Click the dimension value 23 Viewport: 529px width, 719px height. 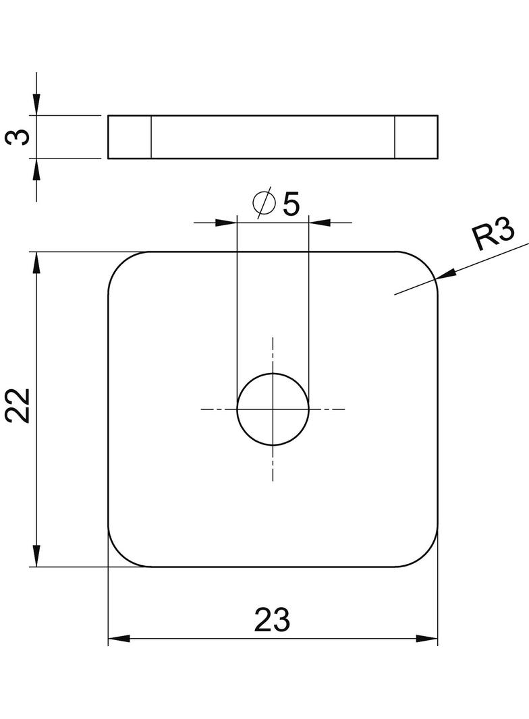272,619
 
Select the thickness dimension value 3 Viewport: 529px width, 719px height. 19,137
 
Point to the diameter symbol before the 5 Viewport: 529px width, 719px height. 263,203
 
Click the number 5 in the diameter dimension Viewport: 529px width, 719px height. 291,204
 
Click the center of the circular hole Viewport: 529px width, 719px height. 273,409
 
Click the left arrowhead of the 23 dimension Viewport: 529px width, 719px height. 119,639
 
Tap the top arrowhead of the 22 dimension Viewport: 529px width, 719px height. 36,263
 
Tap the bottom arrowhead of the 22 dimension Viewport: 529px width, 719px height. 36,556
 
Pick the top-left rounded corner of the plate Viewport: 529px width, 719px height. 120,264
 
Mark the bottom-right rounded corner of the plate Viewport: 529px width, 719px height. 426,555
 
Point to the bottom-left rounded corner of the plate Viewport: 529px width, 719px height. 120,555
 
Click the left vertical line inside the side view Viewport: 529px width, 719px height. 150,137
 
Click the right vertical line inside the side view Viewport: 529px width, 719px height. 395,137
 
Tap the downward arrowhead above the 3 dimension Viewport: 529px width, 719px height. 36,105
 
